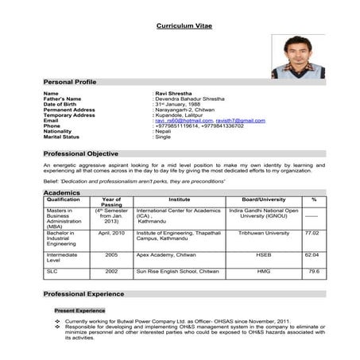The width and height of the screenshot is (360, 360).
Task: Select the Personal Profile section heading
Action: click(x=70, y=82)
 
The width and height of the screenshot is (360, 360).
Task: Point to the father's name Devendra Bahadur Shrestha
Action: click(x=190, y=99)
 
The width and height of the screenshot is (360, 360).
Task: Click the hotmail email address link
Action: click(x=184, y=120)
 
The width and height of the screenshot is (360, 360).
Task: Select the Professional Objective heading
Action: click(x=80, y=153)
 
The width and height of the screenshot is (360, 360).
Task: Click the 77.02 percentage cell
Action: click(x=312, y=233)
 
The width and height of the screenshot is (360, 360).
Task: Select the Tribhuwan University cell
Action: click(x=263, y=233)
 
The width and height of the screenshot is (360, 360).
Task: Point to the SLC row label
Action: click(x=52, y=271)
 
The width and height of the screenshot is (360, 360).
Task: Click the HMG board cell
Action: click(x=263, y=271)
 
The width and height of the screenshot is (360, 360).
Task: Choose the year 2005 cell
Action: click(x=111, y=254)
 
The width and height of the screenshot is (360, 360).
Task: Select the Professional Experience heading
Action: click(x=83, y=295)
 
